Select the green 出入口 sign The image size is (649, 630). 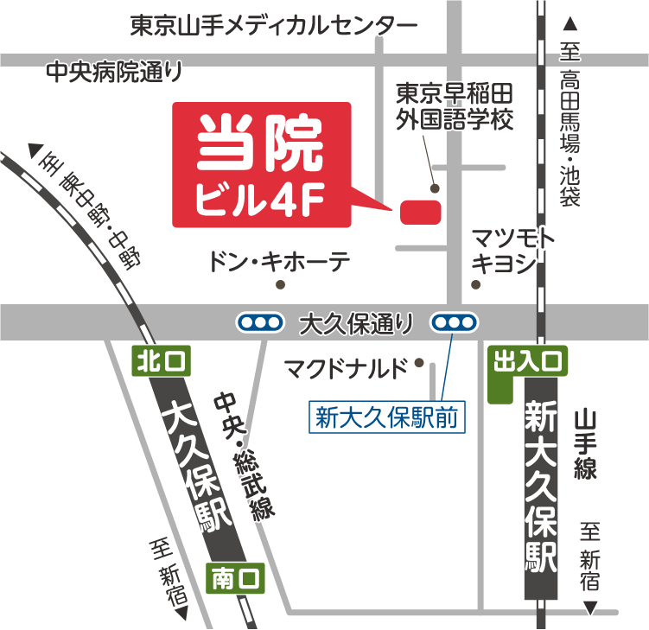coord(527,362)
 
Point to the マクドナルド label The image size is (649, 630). coord(345,370)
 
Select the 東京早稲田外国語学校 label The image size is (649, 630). coord(455,105)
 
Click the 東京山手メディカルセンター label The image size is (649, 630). coord(273,26)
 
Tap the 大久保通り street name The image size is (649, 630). coord(355,324)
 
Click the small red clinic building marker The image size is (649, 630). coord(421,212)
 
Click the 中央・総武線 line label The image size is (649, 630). coord(245,455)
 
